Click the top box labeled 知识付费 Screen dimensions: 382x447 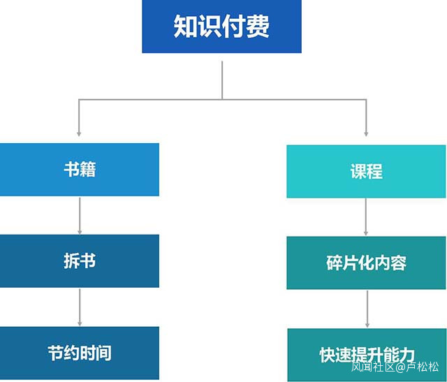tap(221, 27)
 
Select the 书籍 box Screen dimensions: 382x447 tap(80, 170)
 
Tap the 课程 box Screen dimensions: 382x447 tap(366, 172)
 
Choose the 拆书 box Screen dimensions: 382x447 tap(80, 261)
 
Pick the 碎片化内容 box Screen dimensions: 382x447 tap(366, 263)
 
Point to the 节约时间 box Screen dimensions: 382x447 tap(80, 352)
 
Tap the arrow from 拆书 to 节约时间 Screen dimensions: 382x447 tap(80, 307)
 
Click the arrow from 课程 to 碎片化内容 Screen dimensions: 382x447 tap(366, 217)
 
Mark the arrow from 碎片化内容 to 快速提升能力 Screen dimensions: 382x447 tap(366, 309)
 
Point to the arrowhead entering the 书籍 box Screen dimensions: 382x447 tap(80, 132)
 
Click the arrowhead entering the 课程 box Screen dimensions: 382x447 tap(366, 132)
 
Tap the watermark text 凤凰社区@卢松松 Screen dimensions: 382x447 tap(395, 367)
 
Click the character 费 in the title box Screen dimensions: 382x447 tap(258, 27)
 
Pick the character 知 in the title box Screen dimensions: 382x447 tap(185, 27)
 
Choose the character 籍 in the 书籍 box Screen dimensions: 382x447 tap(88, 170)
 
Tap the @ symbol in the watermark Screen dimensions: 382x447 tap(400, 367)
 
